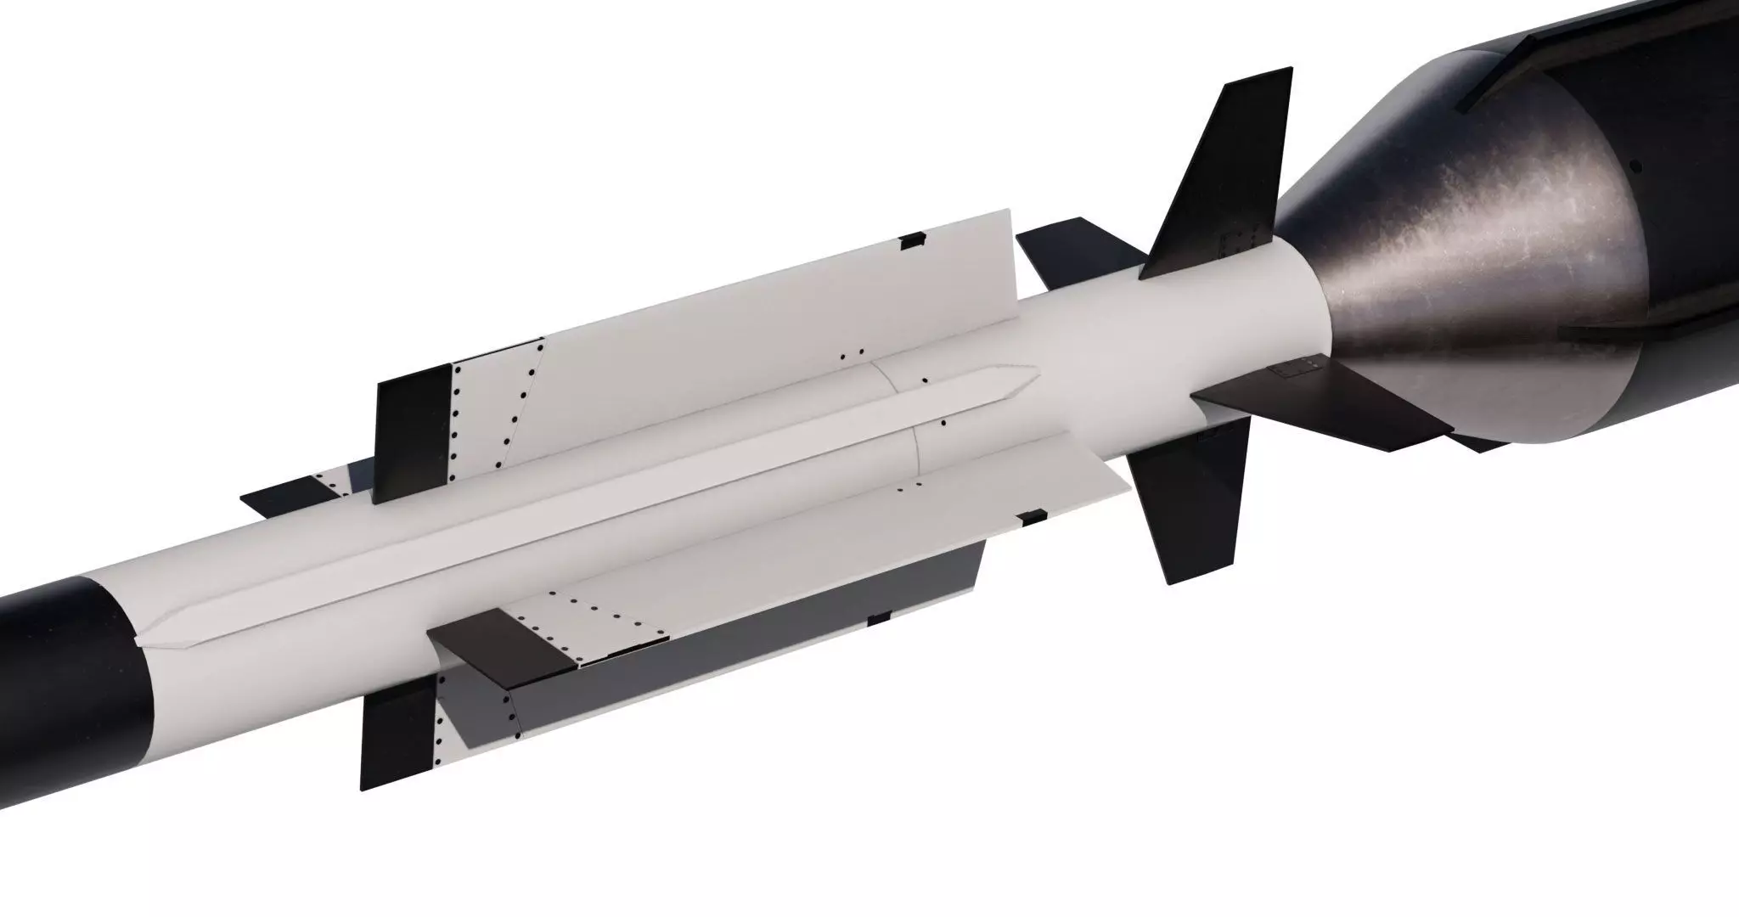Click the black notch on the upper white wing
(912, 240)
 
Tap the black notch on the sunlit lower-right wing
(1033, 515)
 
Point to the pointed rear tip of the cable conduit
(1031, 374)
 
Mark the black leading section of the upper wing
(413, 433)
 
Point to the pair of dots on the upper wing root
(851, 352)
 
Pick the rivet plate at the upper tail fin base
(1235, 242)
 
